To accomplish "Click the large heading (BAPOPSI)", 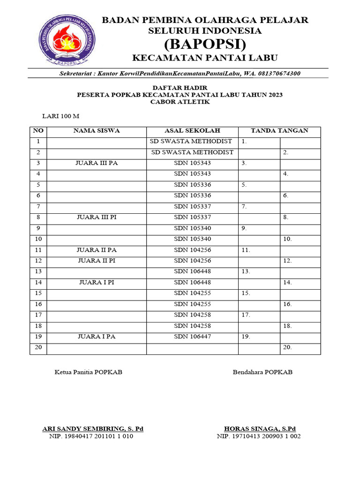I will (x=205, y=45).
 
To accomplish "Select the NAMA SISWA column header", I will (x=96, y=131).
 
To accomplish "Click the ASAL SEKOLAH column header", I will (x=192, y=131).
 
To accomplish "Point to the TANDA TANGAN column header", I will (x=279, y=131).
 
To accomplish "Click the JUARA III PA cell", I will (x=96, y=163).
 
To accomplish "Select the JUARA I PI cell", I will (x=96, y=282).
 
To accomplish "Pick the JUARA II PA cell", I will (x=96, y=250).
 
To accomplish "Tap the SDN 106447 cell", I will (x=192, y=337).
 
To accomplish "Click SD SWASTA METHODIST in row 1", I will (x=191, y=141).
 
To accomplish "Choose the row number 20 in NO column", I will (x=38, y=347).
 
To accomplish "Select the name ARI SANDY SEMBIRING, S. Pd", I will (x=93, y=428).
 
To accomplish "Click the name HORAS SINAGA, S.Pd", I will (x=260, y=428).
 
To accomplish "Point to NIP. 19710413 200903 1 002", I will (x=259, y=436).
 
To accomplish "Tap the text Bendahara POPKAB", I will (x=262, y=372).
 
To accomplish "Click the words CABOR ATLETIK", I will (x=180, y=102).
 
